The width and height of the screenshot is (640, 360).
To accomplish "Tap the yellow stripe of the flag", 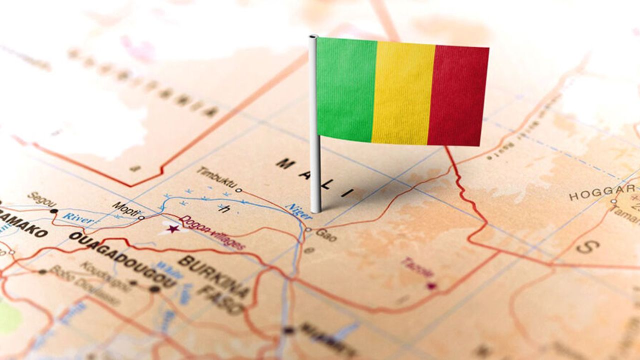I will pos(403,92).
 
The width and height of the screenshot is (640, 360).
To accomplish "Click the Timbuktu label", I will pos(215,178).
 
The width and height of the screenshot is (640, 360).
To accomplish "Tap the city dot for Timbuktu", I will pos(238,190).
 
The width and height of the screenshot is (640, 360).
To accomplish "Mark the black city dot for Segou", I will pos(53,211).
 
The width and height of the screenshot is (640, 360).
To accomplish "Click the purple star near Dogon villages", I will pos(173,228).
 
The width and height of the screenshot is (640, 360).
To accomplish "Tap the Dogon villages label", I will pos(212,232).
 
